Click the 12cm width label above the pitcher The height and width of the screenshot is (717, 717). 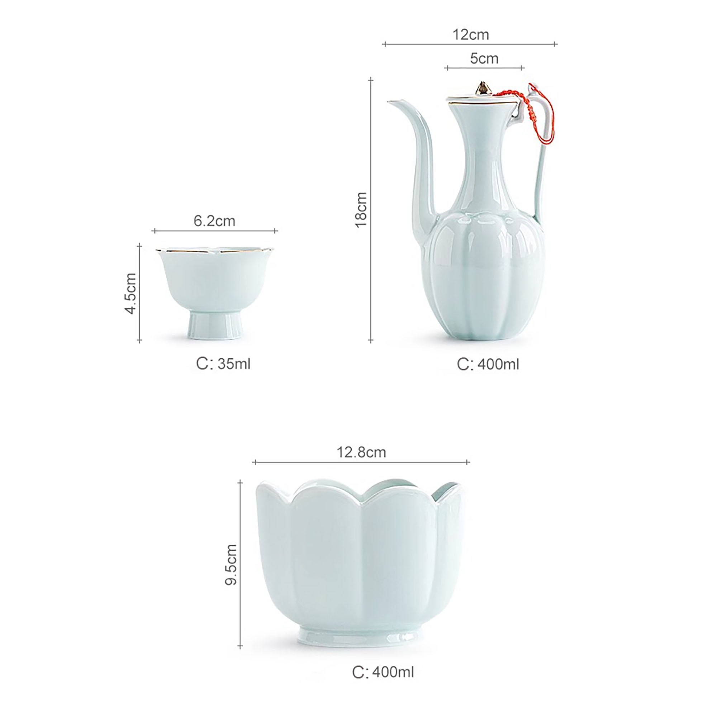pos(471,34)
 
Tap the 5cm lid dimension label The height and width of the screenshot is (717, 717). pos(484,59)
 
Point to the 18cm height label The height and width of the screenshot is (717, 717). pos(361,210)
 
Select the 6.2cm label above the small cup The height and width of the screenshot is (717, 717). pos(214,221)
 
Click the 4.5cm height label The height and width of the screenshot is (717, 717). pos(131,294)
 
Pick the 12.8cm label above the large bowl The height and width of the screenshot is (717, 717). pos(361,452)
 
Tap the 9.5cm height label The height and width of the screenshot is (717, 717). pos(231,565)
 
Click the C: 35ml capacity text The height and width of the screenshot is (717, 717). pos(223,364)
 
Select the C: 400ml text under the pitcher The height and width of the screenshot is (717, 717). pos(488,365)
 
